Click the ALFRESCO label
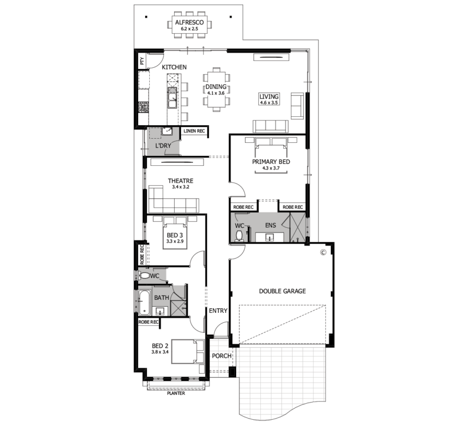coord(189,22)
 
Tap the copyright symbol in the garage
coord(323,252)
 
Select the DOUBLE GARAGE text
coord(282,291)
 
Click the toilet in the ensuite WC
coord(239,236)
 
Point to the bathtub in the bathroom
coord(144,302)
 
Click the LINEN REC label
coord(194,131)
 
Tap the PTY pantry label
coord(142,61)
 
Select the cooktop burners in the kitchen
coord(143,106)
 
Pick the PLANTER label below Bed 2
coord(176,393)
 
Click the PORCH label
coord(222,356)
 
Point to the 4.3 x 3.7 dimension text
coord(271,168)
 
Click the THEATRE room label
coord(180,181)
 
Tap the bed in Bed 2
coord(188,351)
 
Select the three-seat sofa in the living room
coord(271,126)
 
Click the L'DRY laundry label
coord(163,145)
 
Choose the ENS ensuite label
coord(271,225)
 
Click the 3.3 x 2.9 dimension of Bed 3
coord(175,241)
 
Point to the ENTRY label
coord(218,311)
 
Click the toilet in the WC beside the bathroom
coord(144,275)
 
